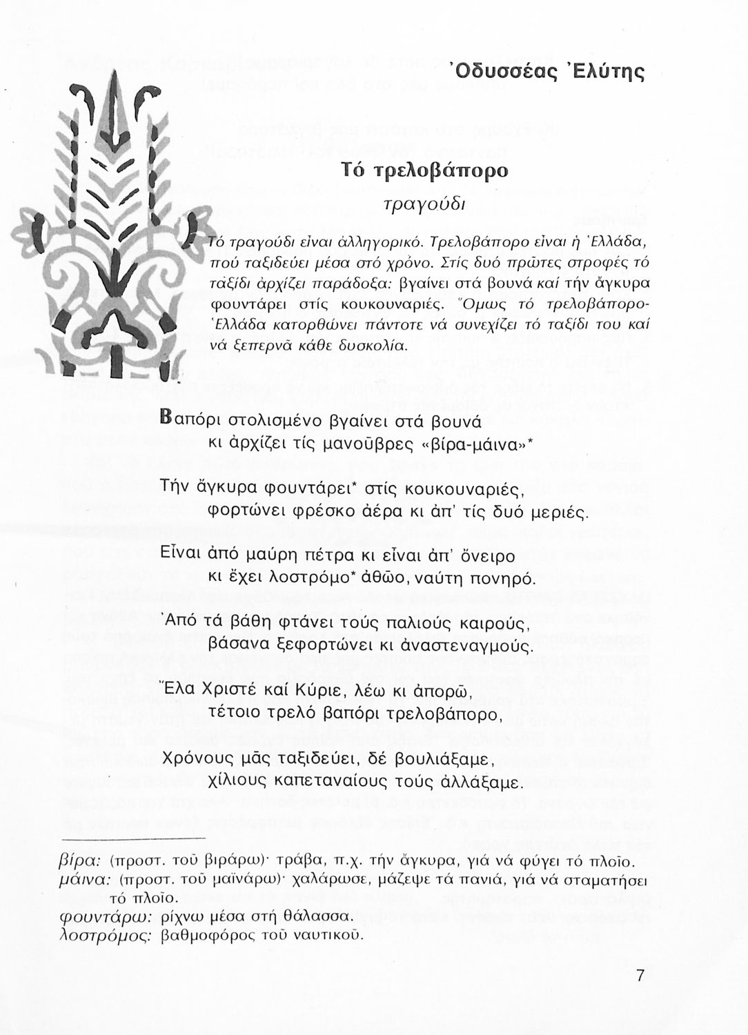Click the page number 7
[x=640, y=977]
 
